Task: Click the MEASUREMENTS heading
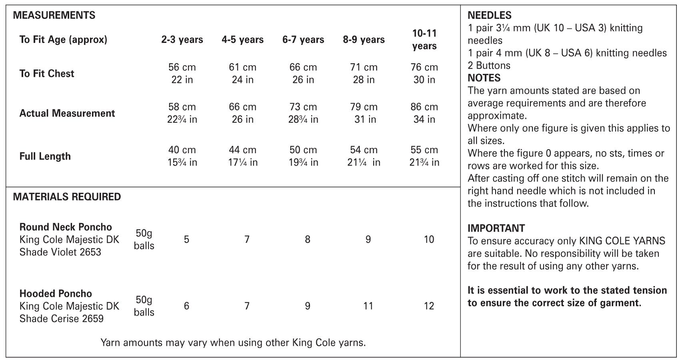click(54, 15)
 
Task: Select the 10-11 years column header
click(424, 40)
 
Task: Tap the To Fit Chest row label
click(47, 74)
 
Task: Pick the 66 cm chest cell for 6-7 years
click(303, 73)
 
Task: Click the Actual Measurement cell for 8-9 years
click(364, 113)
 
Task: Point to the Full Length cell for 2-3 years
click(182, 156)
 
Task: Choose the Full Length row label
click(45, 156)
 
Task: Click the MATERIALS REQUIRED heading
click(67, 197)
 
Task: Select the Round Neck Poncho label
click(66, 227)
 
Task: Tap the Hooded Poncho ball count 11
click(368, 306)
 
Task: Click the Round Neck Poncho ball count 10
click(429, 240)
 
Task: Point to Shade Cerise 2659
click(61, 318)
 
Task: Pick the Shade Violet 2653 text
click(60, 252)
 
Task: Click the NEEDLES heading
click(489, 15)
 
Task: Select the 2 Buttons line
click(489, 65)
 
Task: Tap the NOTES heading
click(484, 78)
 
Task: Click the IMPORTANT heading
click(496, 228)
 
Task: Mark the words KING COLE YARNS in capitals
click(622, 241)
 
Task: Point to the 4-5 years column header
click(242, 40)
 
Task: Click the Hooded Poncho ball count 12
click(429, 306)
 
